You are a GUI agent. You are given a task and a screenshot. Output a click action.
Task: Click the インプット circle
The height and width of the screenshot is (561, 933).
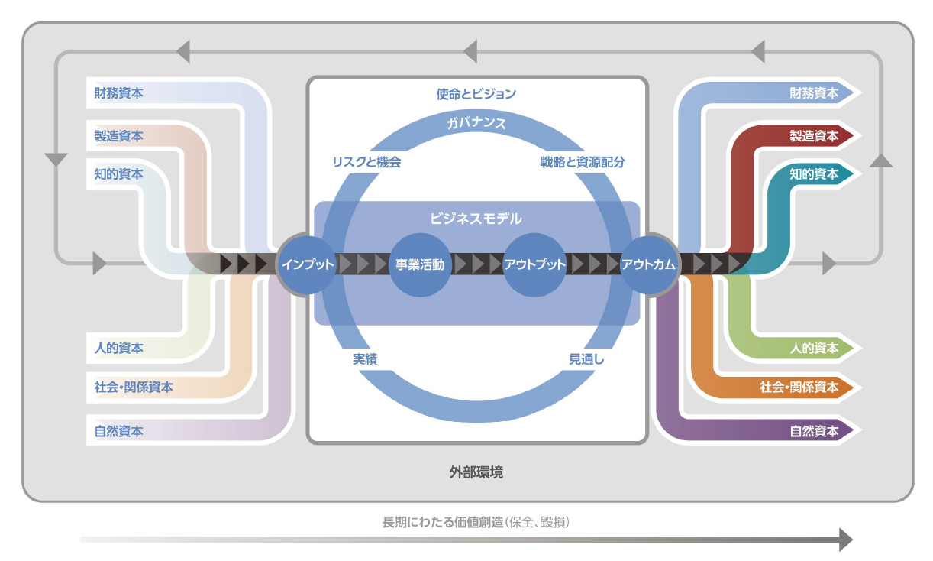tap(307, 264)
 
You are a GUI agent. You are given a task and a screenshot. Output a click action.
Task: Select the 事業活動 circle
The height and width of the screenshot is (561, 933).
tap(420, 264)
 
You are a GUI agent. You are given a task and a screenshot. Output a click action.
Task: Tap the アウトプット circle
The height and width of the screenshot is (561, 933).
tap(534, 264)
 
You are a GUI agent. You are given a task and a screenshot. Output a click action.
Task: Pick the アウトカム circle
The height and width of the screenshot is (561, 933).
tap(648, 264)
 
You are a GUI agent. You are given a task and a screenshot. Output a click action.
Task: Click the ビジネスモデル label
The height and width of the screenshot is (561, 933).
tap(476, 219)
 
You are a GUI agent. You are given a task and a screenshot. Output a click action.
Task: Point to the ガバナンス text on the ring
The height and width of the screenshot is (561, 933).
tap(476, 123)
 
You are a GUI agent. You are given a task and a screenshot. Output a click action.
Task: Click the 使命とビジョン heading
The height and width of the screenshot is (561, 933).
tap(476, 94)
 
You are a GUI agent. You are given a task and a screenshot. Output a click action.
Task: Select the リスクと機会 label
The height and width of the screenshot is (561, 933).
tap(366, 162)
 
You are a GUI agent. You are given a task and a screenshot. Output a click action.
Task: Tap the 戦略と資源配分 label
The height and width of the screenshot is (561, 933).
tap(583, 162)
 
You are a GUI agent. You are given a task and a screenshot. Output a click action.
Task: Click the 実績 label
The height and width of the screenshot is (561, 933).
tap(365, 358)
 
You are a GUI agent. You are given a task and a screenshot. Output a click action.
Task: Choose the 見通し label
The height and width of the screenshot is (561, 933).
tap(586, 358)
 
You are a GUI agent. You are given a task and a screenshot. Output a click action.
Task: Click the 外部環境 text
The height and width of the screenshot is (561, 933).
tap(476, 472)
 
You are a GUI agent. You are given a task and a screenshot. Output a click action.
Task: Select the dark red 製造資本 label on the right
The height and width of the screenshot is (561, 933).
tap(814, 135)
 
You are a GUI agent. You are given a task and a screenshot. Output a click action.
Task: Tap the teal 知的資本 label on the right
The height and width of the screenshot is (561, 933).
tap(814, 174)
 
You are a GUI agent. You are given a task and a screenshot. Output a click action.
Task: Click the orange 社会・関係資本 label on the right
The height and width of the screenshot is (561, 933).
tap(799, 387)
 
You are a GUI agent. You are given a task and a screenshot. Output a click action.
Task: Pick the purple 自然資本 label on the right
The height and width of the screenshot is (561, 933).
tap(814, 431)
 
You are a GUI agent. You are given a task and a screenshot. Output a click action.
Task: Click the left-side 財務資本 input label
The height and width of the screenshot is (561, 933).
tap(118, 92)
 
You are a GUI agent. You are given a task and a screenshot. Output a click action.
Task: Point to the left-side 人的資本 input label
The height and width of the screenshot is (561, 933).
tap(118, 348)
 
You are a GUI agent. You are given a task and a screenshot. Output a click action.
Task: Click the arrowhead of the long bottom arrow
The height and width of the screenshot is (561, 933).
tap(846, 540)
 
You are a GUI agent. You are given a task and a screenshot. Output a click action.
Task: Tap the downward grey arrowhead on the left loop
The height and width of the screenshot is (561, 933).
tap(56, 160)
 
